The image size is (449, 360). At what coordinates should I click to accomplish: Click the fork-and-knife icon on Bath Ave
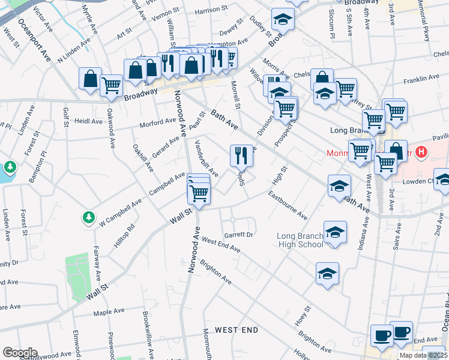[241, 155]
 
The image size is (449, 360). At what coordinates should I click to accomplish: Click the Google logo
[20, 352]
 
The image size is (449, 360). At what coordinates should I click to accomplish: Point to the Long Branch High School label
[300, 240]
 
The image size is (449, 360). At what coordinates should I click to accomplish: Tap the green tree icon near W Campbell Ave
[88, 217]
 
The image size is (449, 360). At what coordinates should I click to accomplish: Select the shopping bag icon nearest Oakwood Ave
[90, 78]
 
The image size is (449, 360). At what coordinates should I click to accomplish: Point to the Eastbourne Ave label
[288, 205]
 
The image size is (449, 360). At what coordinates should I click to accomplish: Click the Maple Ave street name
[108, 313]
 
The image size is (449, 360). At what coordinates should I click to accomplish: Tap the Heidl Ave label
[88, 121]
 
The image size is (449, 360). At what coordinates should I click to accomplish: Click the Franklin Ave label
[422, 79]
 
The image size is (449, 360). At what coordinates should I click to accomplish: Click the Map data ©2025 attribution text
[423, 355]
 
